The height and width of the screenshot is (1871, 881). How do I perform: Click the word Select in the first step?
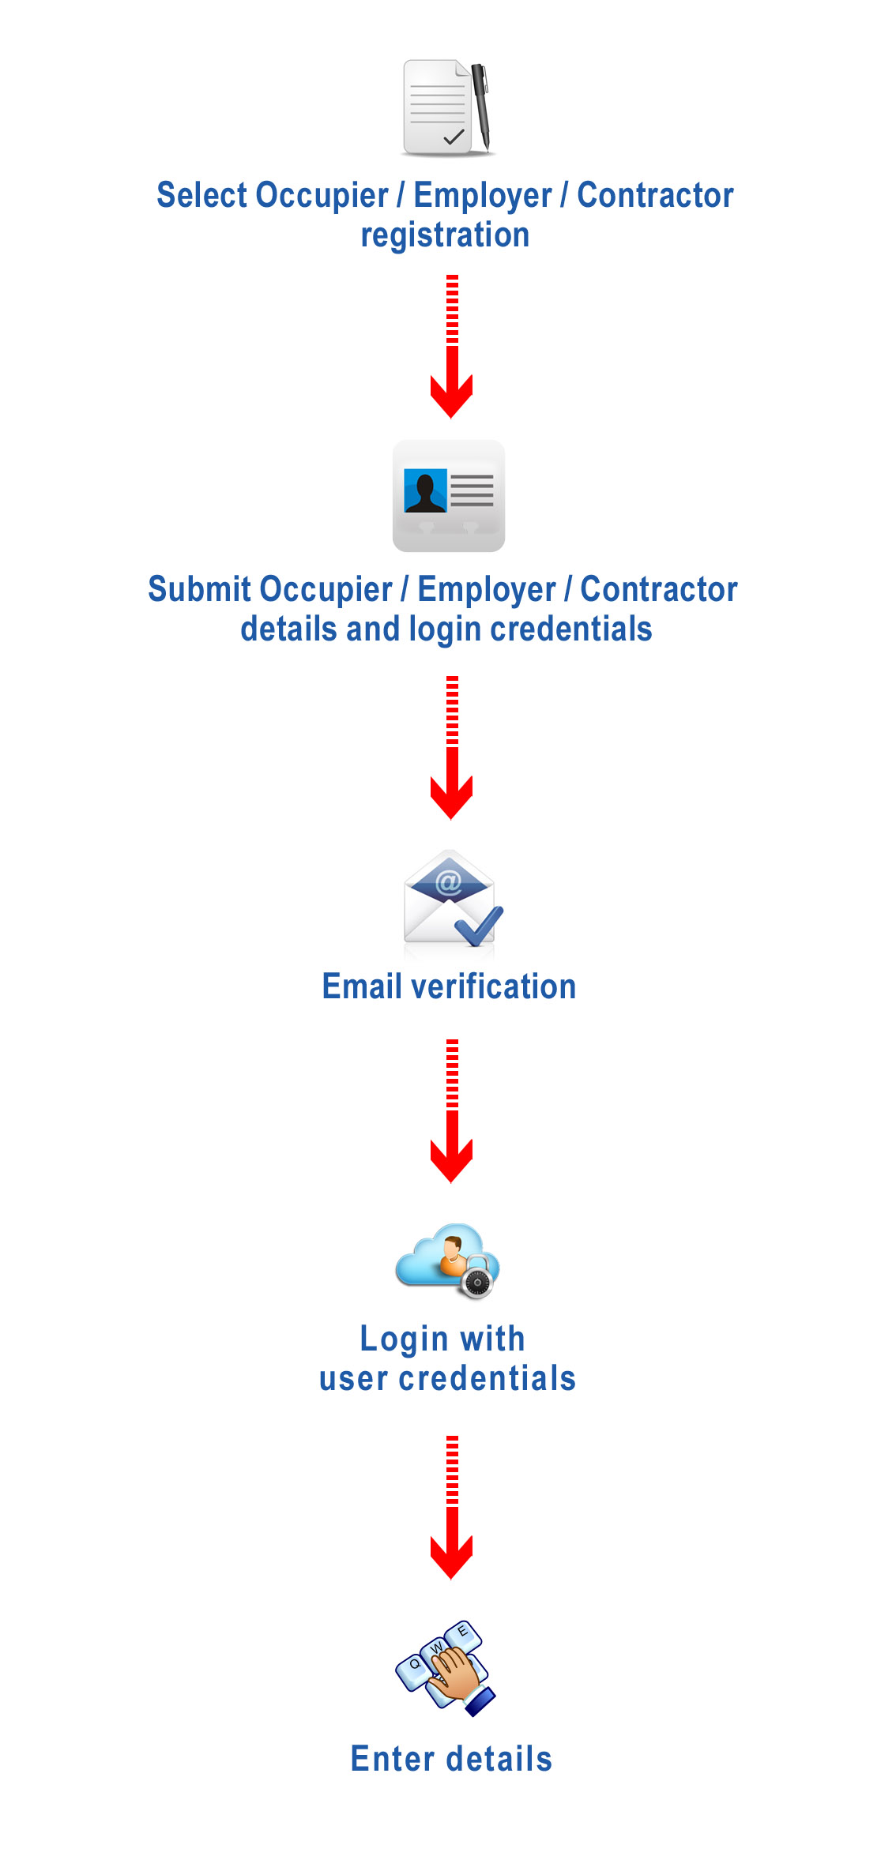pos(202,195)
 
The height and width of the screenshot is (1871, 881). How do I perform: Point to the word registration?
pos(445,235)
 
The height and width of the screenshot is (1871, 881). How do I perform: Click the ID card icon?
pos(449,496)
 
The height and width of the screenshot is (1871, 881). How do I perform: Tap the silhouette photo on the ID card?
pos(425,490)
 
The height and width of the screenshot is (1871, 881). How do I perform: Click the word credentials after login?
pos(571,629)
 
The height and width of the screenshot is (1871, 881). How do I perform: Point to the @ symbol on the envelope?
pos(448,881)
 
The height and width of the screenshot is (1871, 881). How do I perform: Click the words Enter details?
pos(451,1759)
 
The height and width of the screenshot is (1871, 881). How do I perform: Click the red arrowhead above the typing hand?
pos(451,1557)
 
